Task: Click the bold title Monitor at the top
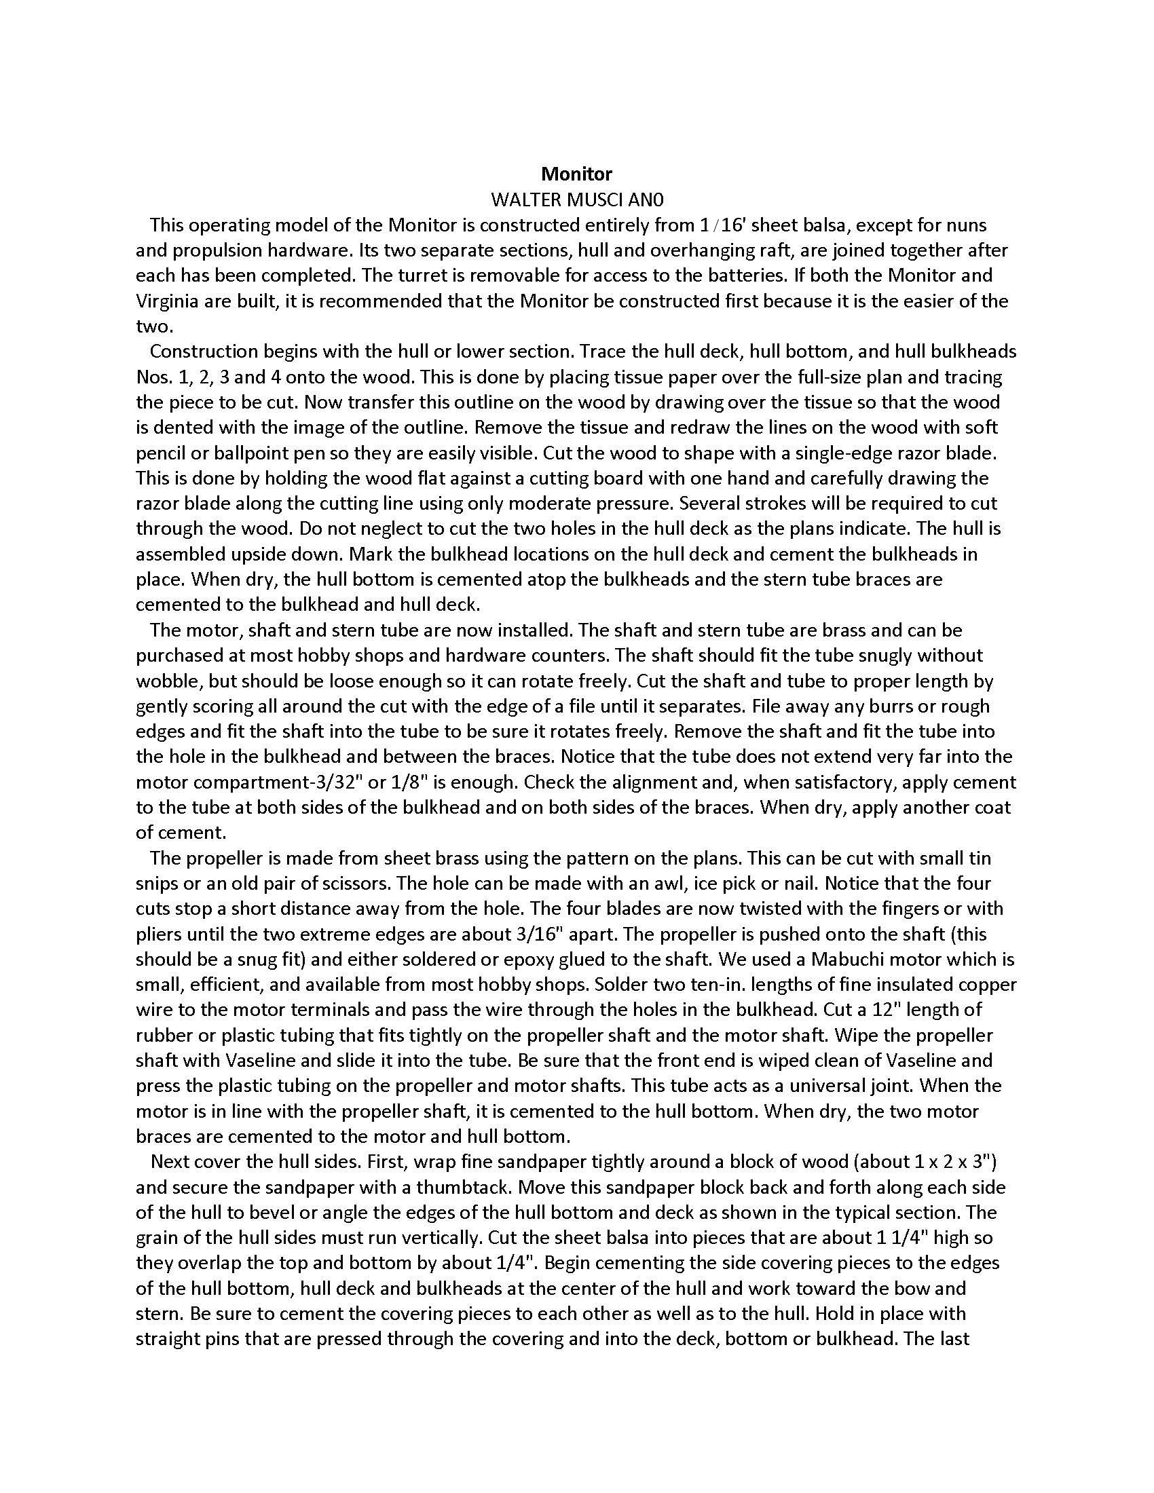(576, 174)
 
